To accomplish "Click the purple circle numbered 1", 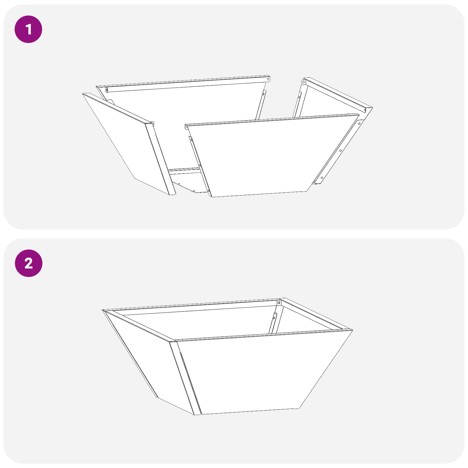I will [x=28, y=29].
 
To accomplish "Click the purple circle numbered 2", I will [x=28, y=263].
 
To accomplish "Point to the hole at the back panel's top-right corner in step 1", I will [x=268, y=79].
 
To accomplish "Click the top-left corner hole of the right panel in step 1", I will [x=304, y=82].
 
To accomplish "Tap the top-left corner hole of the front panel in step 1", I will [x=187, y=127].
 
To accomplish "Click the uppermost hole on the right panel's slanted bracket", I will [x=359, y=123].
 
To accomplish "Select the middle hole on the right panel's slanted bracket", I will [x=340, y=151].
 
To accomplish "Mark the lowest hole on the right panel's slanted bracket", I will [x=322, y=178].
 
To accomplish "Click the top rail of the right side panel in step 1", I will [x=336, y=94].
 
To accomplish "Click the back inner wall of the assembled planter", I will [x=205, y=322].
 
